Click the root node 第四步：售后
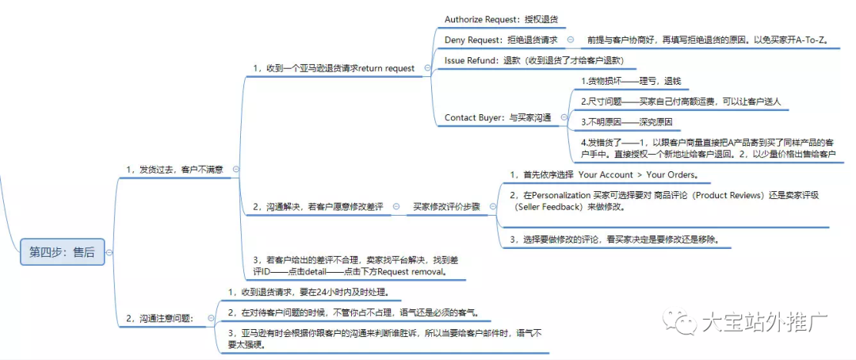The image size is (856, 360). (62, 252)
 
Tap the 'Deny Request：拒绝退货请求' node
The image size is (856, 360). (501, 39)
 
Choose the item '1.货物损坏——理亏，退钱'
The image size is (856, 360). (631, 81)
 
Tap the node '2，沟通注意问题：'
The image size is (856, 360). (166, 318)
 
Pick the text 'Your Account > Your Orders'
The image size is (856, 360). (637, 174)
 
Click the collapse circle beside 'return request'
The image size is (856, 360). (428, 68)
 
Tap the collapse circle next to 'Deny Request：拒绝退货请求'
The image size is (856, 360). (571, 39)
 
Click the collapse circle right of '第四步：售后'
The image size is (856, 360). (109, 252)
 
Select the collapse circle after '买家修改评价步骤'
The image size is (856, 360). (494, 206)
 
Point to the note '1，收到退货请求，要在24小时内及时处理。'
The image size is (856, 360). (308, 291)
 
